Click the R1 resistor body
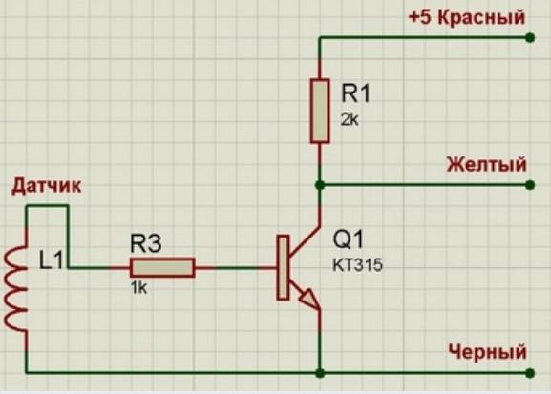tap(320, 111)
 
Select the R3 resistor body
tap(162, 268)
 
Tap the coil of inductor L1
tap(14, 288)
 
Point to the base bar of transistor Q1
tap(283, 267)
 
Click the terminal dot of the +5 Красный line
tap(530, 37)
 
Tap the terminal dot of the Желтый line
tap(530, 185)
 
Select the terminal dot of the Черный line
tap(530, 373)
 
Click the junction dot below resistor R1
tap(320, 185)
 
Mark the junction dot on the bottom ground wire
tap(320, 373)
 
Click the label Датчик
tap(47, 186)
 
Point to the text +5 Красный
tap(467, 17)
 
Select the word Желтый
tap(487, 164)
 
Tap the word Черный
tap(488, 351)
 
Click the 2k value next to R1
tap(350, 120)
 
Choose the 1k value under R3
tap(138, 288)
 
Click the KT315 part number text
tap(357, 265)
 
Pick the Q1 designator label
tap(349, 239)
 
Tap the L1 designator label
tap(52, 260)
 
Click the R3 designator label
tap(146, 243)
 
